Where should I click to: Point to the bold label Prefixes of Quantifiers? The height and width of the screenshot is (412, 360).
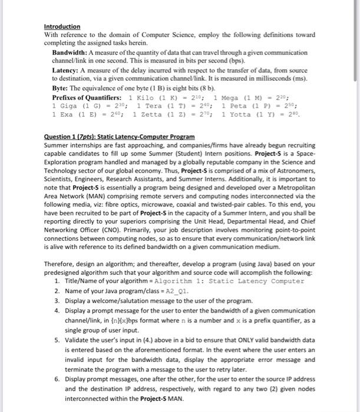(88, 97)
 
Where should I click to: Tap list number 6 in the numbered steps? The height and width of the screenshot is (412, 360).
(57, 379)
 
